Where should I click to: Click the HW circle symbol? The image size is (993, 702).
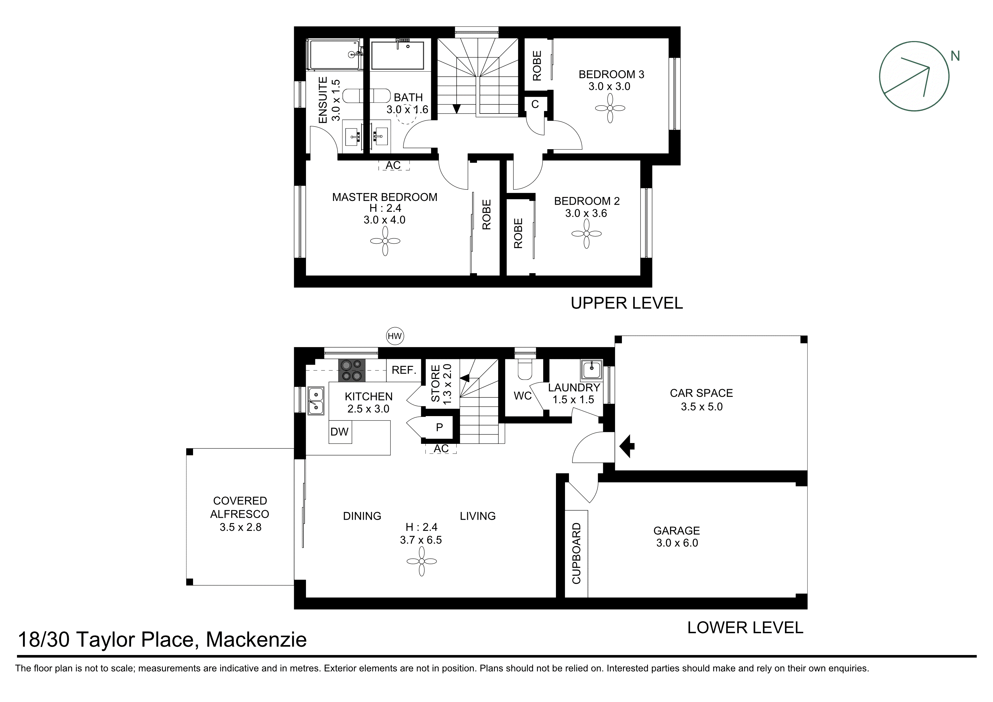tap(394, 336)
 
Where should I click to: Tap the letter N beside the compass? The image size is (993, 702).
tap(955, 56)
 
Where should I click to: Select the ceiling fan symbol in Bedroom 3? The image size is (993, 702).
tap(610, 108)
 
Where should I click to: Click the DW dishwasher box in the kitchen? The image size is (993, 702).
tap(339, 432)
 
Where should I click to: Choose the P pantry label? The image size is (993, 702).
tap(439, 427)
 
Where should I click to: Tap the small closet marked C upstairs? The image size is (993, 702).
tap(535, 104)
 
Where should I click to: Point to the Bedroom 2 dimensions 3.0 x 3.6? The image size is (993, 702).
tap(586, 213)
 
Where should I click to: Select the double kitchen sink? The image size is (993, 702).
tap(316, 401)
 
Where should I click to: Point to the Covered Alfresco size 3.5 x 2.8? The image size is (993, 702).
tap(240, 527)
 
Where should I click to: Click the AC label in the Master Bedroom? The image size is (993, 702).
tap(393, 165)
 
